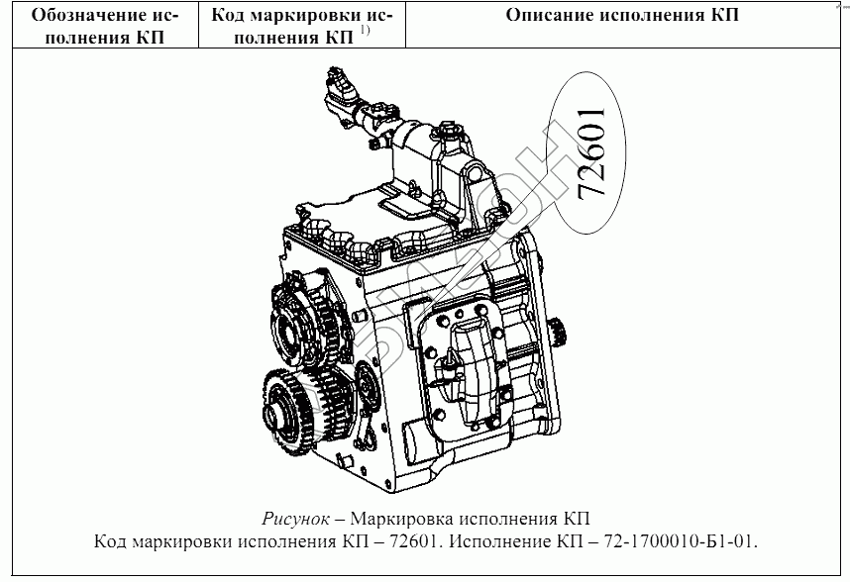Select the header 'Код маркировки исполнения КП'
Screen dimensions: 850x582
pyautogui.click(x=289, y=27)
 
